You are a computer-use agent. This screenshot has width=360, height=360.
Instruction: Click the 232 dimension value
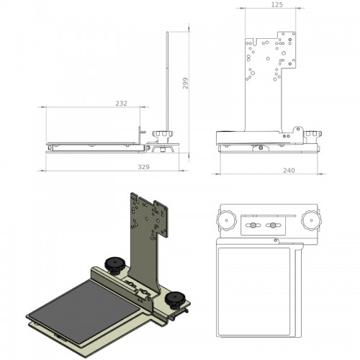coord(121,103)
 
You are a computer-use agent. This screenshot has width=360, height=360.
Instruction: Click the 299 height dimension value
coord(185,84)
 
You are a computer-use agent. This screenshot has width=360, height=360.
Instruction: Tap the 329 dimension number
coord(143,167)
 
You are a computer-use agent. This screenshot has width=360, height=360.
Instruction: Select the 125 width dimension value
coord(277,4)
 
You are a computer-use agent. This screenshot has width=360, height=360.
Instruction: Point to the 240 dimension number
coord(289,171)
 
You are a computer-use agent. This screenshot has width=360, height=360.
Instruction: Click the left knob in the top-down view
coord(226,220)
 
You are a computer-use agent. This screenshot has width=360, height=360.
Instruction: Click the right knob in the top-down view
coord(311,220)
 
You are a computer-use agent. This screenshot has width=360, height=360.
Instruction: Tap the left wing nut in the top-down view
coord(253,225)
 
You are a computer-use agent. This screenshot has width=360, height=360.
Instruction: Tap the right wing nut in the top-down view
coord(273,225)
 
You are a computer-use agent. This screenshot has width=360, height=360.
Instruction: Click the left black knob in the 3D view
coord(114,265)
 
